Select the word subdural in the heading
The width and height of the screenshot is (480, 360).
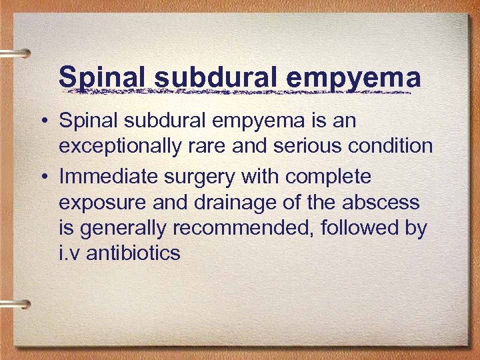coord(217,77)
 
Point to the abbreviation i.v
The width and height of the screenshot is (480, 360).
coord(71,253)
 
